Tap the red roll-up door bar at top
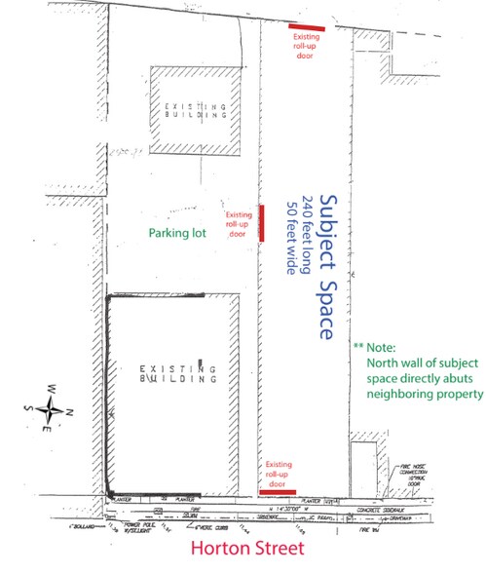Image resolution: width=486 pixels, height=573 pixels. pyautogui.click(x=306, y=26)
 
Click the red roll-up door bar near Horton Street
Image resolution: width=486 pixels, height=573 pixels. pyautogui.click(x=280, y=492)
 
